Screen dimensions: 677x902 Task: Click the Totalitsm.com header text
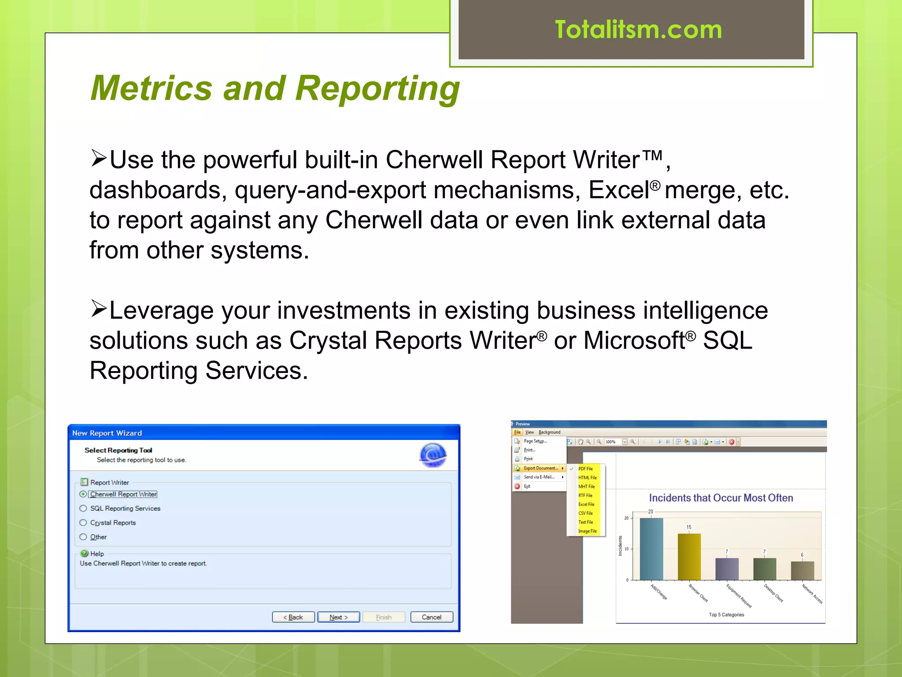638,30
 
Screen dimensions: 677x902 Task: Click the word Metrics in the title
152,88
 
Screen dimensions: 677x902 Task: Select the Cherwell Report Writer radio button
83,494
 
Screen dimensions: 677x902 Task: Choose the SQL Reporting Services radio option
83,508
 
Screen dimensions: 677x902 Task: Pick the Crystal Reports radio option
83,523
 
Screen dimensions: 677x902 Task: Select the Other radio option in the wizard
83,537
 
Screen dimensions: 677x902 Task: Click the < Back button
293,617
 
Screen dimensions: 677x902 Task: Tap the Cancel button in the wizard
431,617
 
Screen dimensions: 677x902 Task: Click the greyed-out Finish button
384,617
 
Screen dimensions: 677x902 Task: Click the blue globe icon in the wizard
433,455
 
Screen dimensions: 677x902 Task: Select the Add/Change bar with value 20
651,549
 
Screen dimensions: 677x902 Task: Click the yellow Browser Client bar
689,557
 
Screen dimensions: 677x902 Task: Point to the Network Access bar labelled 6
802,570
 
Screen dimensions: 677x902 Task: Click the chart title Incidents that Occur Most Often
721,498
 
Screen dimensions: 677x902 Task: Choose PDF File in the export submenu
585,469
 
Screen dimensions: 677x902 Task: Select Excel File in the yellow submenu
586,504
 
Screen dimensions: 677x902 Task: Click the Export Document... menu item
540,468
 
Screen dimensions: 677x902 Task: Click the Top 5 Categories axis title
726,615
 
